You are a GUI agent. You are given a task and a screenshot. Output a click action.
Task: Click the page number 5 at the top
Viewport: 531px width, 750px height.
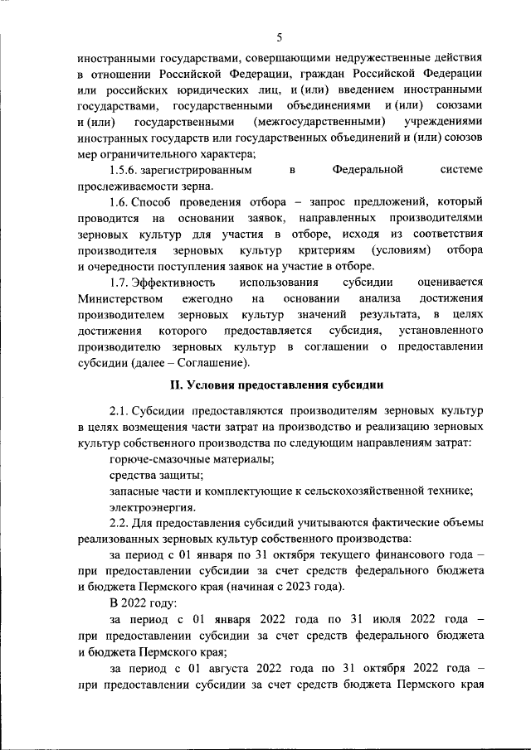pyautogui.click(x=280, y=36)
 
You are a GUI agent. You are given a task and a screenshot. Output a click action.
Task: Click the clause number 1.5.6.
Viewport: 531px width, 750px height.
pyautogui.click(x=124, y=170)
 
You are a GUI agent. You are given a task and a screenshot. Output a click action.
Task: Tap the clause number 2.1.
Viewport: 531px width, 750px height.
pyautogui.click(x=119, y=411)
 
